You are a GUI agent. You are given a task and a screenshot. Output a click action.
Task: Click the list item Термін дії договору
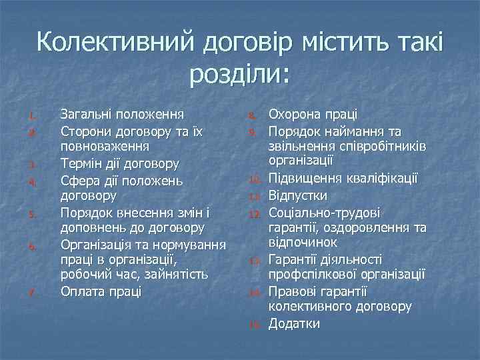click(120, 163)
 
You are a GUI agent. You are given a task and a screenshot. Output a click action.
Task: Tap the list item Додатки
click(294, 323)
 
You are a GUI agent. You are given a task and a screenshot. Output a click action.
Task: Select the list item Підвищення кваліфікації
click(343, 179)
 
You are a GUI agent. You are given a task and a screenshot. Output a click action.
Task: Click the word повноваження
click(105, 145)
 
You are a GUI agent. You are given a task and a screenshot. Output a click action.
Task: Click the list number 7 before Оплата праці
click(32, 291)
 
